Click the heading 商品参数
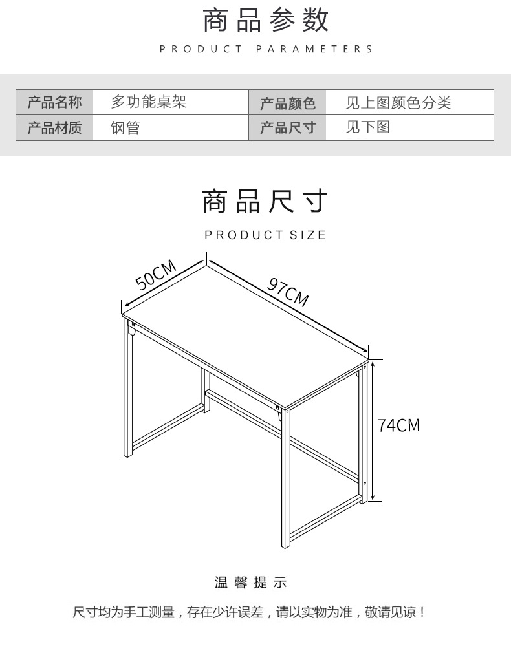point(266,21)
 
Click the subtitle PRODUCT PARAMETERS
point(266,49)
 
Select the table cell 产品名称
point(55,102)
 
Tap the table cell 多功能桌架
point(149,102)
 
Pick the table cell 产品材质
point(55,128)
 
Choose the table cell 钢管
point(125,128)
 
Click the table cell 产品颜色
point(288,103)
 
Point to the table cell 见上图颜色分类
point(398,103)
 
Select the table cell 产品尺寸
point(288,128)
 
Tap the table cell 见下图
point(367,128)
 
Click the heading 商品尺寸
point(265,202)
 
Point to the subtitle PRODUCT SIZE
point(265,235)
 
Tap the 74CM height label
point(399,425)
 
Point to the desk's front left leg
point(128,388)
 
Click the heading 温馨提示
point(250,583)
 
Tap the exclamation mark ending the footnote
point(423,612)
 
